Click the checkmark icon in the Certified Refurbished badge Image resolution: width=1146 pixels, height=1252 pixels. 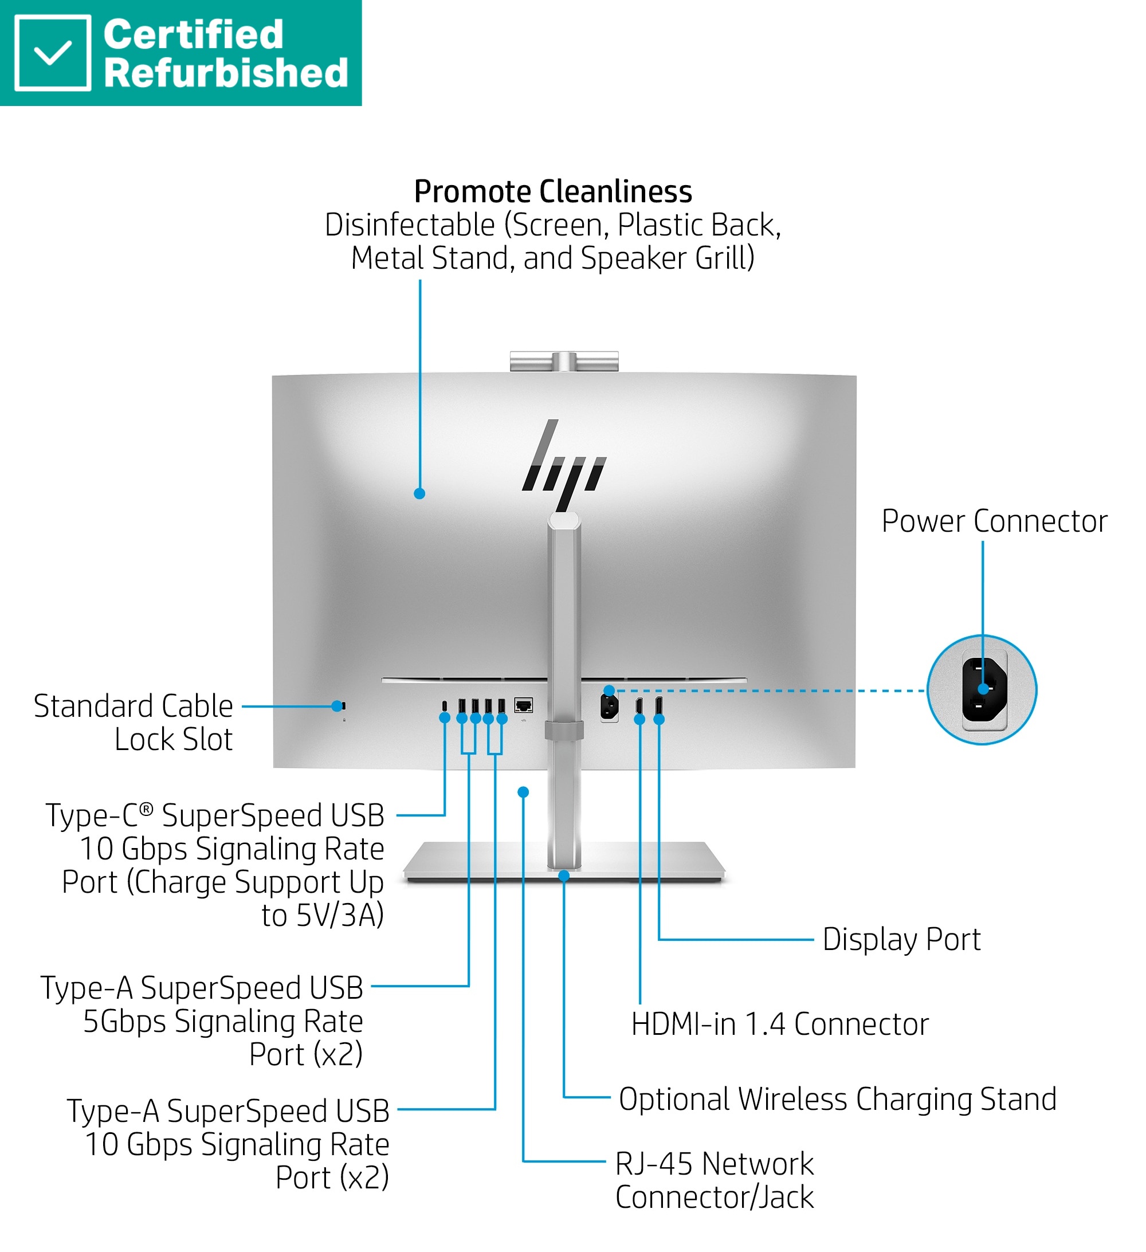52,53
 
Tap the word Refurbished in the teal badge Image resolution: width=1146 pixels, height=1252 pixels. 225,73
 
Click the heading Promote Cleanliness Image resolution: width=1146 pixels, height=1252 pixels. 553,191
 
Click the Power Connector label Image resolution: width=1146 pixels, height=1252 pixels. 994,521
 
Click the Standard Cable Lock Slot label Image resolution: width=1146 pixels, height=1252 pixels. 133,722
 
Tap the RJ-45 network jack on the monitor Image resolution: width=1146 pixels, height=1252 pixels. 524,705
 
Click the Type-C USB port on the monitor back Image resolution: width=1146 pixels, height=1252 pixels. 444,706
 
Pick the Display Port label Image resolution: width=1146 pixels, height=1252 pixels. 901,939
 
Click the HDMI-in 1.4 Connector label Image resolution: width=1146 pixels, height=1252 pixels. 779,1024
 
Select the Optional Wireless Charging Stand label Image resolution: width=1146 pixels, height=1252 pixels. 837,1098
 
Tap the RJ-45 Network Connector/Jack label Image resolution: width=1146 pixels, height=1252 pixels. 715,1180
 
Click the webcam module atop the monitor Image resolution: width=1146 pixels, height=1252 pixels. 564,361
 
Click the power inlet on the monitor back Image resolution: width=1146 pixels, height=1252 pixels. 609,707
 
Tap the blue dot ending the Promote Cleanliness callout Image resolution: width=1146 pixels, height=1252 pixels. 420,494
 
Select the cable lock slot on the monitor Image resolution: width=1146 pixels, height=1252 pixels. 343,706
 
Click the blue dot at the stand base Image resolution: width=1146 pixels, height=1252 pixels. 564,876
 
